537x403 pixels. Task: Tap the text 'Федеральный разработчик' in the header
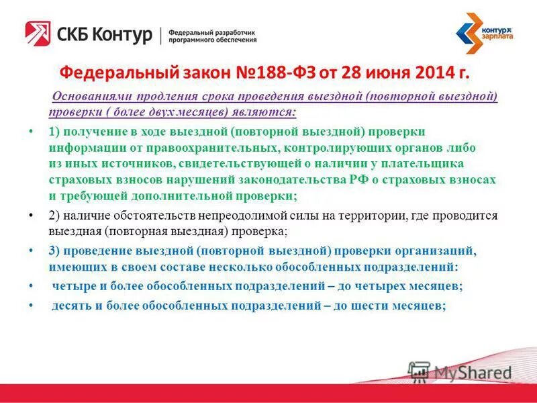tap(211, 32)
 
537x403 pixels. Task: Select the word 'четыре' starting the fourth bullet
tap(73, 285)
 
